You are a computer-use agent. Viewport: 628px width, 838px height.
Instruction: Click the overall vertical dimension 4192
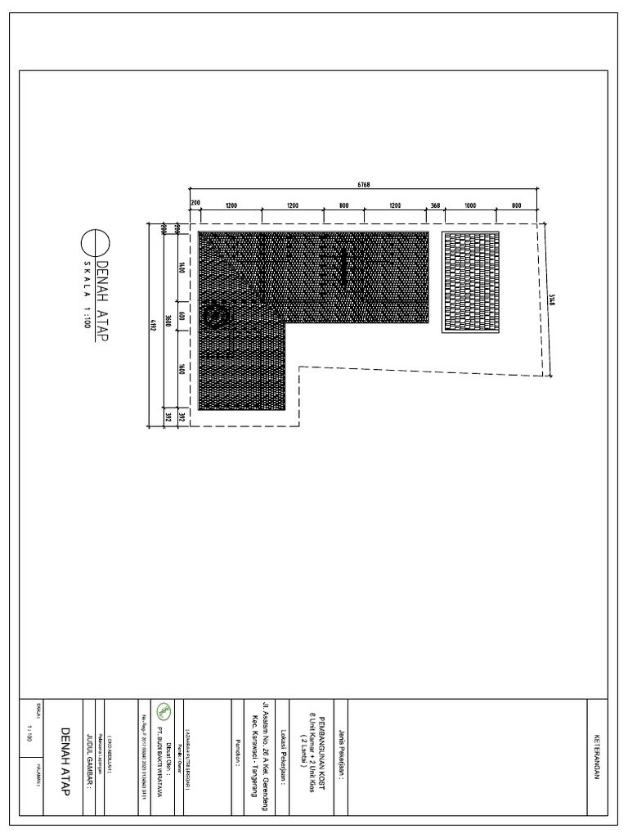click(152, 325)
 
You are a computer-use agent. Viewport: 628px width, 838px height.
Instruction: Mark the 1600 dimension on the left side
click(182, 369)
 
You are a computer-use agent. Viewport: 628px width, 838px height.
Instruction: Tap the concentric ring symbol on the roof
click(216, 316)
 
